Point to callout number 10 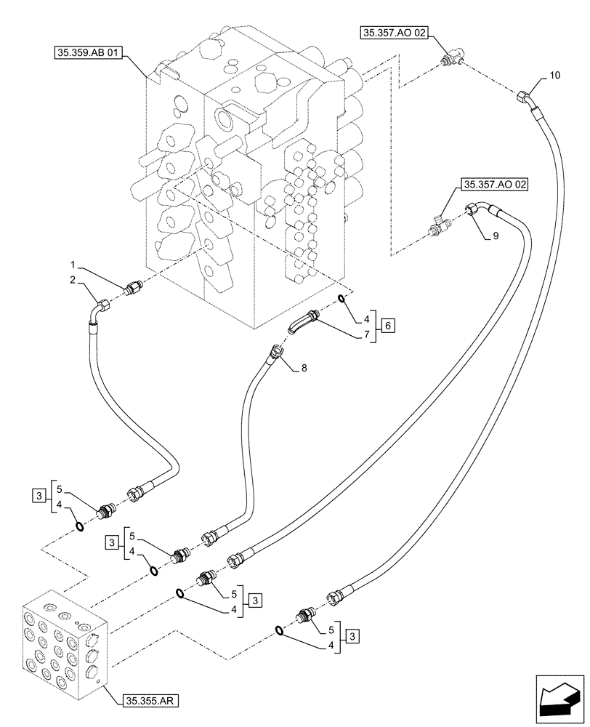pyautogui.click(x=555, y=76)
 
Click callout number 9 pyautogui.click(x=496, y=236)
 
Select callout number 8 pyautogui.click(x=304, y=369)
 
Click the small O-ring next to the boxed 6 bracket pyautogui.click(x=342, y=300)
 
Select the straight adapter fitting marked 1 pyautogui.click(x=132, y=289)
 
